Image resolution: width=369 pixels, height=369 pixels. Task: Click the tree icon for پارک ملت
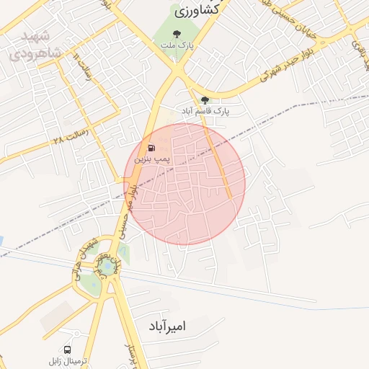[x=177, y=33]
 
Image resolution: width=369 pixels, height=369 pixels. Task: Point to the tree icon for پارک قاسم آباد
[x=205, y=100]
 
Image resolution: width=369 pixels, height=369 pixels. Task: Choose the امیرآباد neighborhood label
[x=170, y=326]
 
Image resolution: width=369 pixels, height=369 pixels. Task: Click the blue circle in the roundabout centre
[x=107, y=267]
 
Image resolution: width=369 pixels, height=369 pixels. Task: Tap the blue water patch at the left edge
[x=1, y=240]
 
